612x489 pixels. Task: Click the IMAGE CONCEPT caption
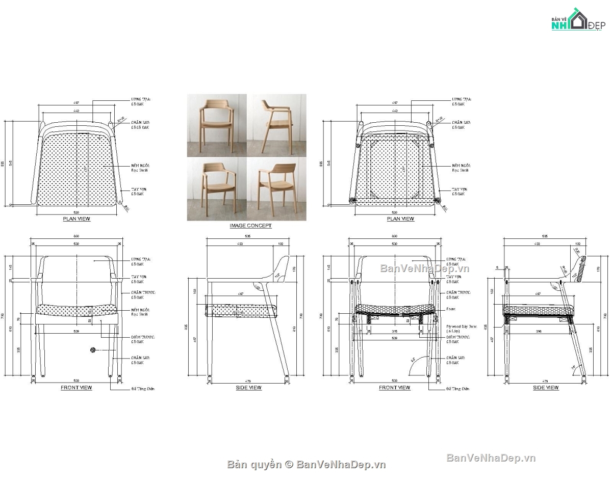250,226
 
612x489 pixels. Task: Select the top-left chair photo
217,125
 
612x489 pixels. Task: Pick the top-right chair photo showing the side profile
277,125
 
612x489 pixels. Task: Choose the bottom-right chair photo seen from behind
277,189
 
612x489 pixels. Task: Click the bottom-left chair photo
217,189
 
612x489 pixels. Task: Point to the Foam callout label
451,309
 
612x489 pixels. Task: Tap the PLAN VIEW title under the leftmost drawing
76,219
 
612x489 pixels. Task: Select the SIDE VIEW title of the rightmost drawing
546,388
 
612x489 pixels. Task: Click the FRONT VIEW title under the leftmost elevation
76,388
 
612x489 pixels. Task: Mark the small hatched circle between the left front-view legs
93,349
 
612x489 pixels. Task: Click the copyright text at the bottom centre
306,464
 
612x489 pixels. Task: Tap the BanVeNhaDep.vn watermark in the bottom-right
491,458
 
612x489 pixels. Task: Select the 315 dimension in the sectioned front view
394,331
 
